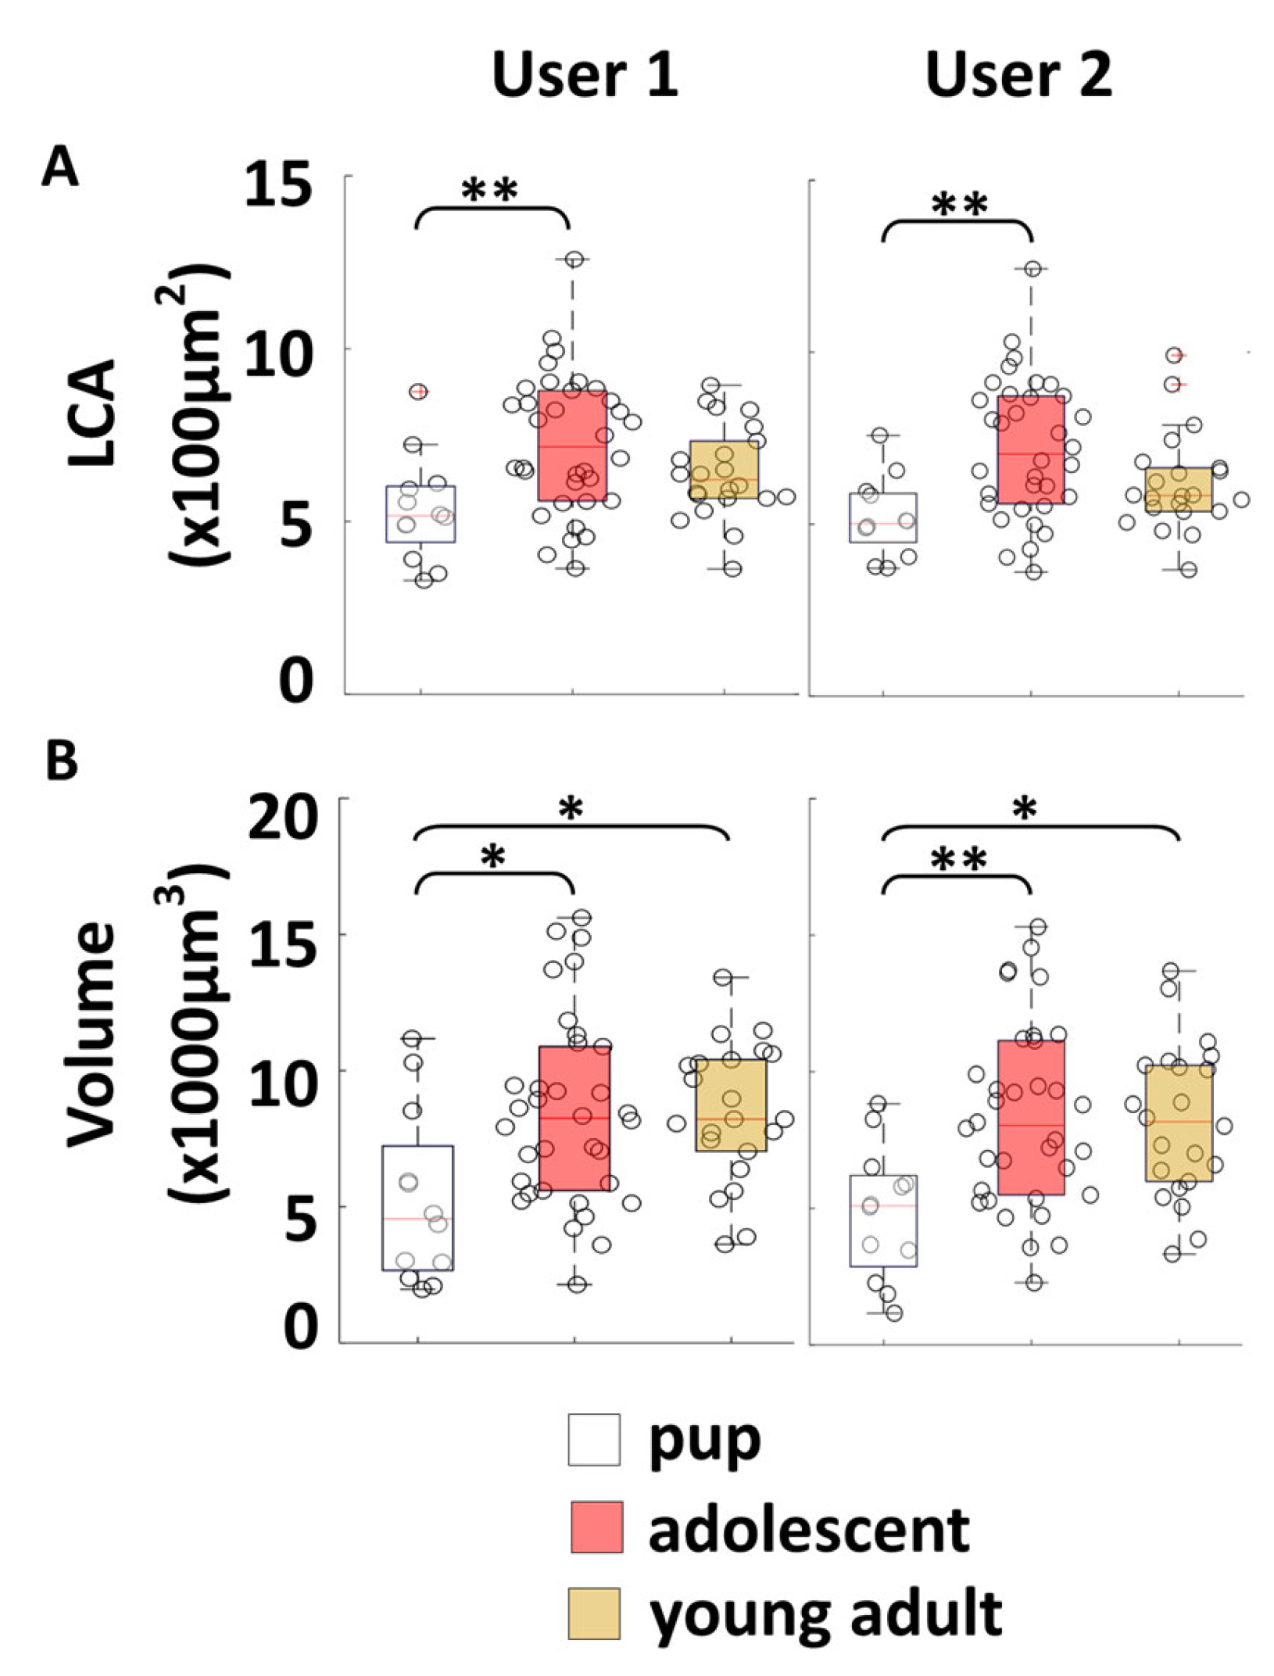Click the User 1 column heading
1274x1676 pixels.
click(x=585, y=76)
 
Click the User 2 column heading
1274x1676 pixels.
click(x=1018, y=76)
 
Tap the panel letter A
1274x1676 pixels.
click(x=59, y=167)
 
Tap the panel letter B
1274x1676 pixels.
click(x=62, y=760)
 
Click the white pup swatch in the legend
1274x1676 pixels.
click(x=594, y=1439)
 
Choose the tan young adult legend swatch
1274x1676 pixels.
click(x=594, y=1612)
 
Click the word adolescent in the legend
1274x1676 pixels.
click(x=809, y=1527)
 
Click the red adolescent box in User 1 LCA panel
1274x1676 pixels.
click(x=573, y=446)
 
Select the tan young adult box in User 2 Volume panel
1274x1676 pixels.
click(x=1179, y=1123)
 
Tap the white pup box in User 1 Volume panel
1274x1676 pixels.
click(x=417, y=1208)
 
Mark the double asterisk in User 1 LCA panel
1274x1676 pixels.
click(x=489, y=190)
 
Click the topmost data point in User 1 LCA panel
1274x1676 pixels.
click(x=574, y=260)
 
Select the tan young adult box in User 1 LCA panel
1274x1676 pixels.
click(x=724, y=469)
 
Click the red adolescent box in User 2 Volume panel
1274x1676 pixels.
click(x=1031, y=1118)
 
